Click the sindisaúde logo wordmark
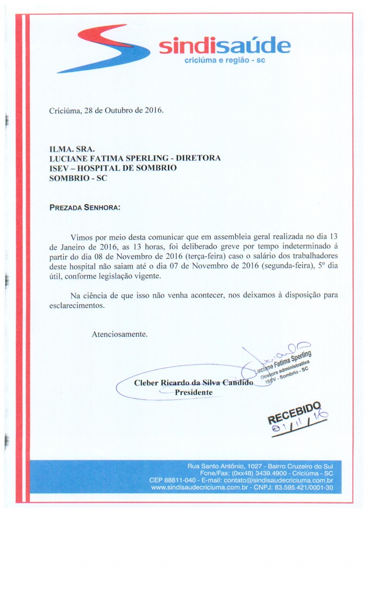224,47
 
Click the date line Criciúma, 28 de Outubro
106,111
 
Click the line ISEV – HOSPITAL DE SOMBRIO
113,168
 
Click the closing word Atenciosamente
120,333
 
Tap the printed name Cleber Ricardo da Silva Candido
193,383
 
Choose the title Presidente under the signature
194,392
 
